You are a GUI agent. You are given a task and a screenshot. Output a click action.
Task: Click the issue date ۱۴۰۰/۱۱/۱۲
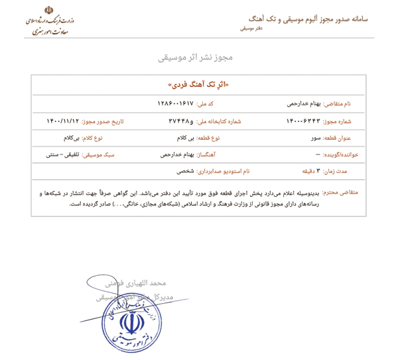pyautogui.click(x=62, y=121)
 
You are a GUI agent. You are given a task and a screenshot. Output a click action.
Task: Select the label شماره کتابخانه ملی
pyautogui.click(x=219, y=121)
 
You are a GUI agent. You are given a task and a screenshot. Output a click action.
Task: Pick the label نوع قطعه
pyautogui.click(x=208, y=138)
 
